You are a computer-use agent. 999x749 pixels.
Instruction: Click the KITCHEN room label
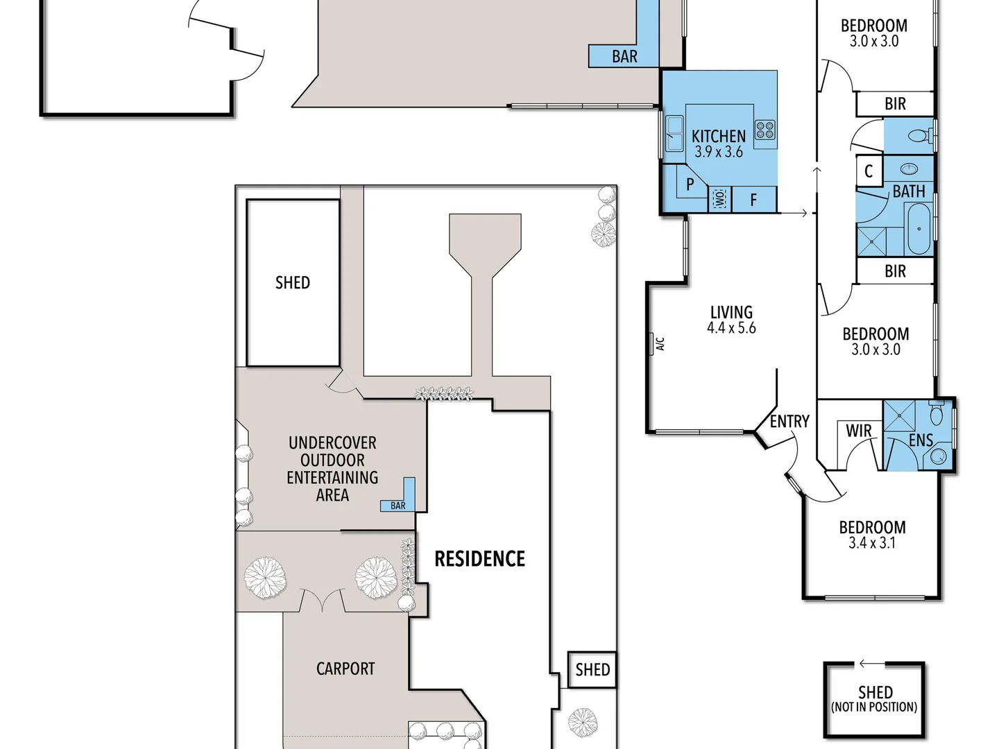(x=718, y=137)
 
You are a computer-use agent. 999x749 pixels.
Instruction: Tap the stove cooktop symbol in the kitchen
(x=765, y=129)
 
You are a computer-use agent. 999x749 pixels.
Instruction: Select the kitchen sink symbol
(x=674, y=132)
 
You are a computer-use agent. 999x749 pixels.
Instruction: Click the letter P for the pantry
(x=690, y=184)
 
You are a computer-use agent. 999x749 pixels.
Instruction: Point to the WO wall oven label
(x=719, y=199)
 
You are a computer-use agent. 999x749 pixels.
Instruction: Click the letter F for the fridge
(x=753, y=200)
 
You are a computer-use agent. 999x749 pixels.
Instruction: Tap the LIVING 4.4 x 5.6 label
(x=731, y=320)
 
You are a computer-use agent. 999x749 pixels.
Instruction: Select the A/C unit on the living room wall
(x=652, y=343)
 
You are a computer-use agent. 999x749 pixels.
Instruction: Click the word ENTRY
(x=789, y=422)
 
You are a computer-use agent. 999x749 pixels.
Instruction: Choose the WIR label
(x=858, y=431)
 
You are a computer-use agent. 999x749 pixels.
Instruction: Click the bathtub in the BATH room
(x=919, y=229)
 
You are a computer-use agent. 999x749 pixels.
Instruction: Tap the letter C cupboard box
(x=869, y=171)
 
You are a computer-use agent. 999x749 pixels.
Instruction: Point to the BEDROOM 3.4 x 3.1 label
(x=872, y=535)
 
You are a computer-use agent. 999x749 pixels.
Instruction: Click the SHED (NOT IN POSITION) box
(x=874, y=699)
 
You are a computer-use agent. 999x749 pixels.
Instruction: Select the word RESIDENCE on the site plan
(x=479, y=559)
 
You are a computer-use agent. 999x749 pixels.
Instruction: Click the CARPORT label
(x=345, y=669)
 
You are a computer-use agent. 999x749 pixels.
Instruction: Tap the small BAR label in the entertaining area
(x=398, y=506)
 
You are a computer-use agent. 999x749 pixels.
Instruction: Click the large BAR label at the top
(x=624, y=57)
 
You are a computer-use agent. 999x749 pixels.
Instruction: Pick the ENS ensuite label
(x=921, y=440)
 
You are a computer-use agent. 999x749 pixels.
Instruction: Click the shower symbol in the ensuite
(x=899, y=415)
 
